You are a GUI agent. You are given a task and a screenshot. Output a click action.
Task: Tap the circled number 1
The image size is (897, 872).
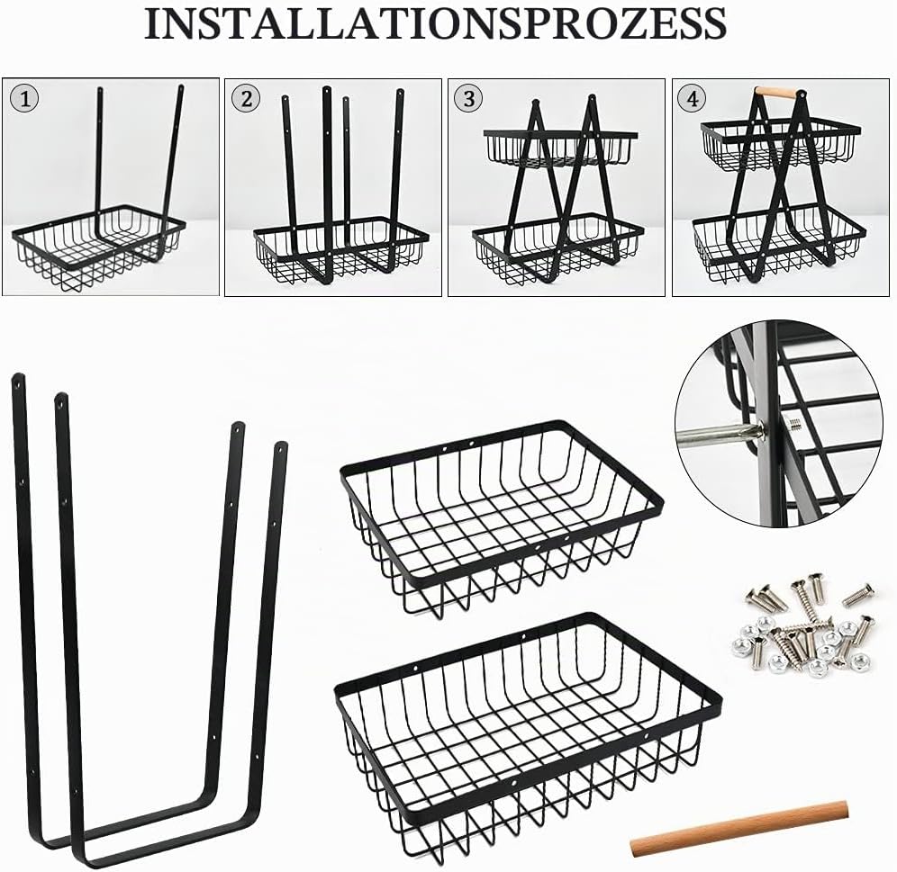[x=24, y=100]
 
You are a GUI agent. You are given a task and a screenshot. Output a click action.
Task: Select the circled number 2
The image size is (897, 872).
[x=246, y=99]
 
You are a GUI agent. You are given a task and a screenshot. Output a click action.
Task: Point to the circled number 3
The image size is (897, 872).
[x=469, y=99]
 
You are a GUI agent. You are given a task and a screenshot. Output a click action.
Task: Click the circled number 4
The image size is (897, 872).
[x=693, y=99]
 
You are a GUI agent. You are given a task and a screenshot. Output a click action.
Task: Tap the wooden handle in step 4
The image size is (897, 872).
[x=779, y=92]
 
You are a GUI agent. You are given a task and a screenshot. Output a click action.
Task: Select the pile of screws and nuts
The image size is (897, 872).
[x=802, y=625]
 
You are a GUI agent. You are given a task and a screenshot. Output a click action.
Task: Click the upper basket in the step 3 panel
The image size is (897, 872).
[x=560, y=148]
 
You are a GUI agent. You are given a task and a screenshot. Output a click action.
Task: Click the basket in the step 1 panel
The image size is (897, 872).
[x=99, y=247]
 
